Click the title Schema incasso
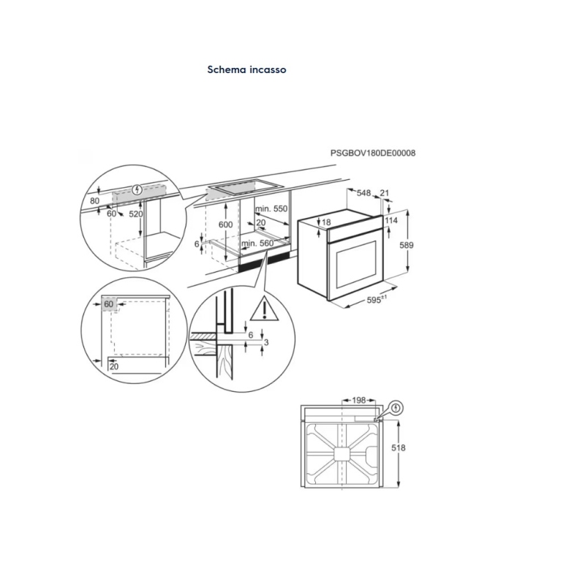pos(246,70)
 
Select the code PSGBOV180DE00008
pos(373,153)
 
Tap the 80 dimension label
pos(94,200)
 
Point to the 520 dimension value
pos(135,214)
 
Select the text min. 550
pos(271,208)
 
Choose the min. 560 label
pos(257,243)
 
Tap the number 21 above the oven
pos(385,193)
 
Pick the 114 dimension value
pos(391,220)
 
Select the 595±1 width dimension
pos(377,300)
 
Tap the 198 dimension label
pos(358,401)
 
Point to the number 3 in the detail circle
pos(267,342)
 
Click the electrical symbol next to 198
pos(396,407)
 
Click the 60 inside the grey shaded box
pos(109,304)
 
